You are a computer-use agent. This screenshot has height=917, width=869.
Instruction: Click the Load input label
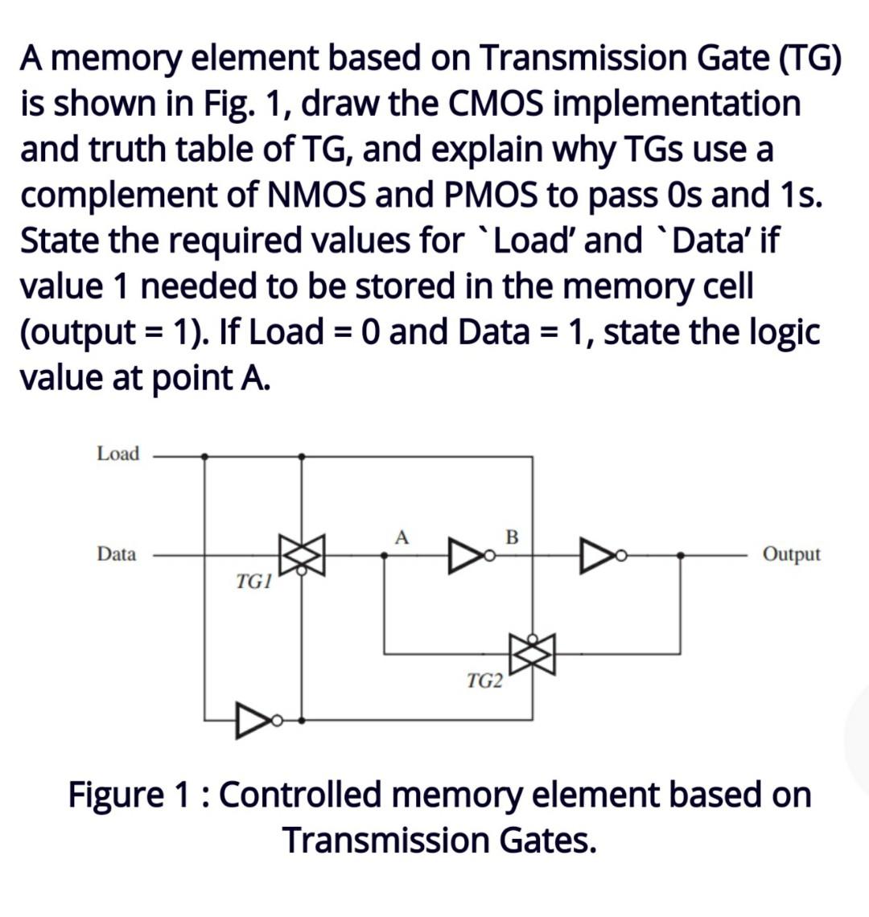(117, 454)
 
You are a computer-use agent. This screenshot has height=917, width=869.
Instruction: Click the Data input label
(117, 553)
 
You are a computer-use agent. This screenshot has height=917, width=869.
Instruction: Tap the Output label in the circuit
(792, 553)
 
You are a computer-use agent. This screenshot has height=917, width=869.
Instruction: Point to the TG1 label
(253, 582)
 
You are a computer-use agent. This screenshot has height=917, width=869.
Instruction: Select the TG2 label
(484, 682)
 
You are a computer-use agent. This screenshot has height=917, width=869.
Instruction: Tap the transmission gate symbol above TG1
(301, 555)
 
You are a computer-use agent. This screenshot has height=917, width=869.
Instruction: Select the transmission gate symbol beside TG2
(532, 653)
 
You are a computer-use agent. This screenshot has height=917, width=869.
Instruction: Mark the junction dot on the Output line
(681, 554)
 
